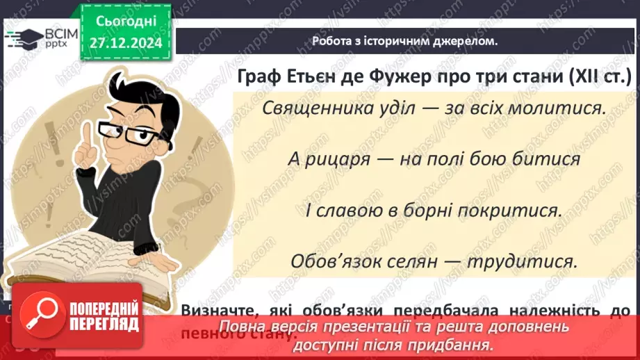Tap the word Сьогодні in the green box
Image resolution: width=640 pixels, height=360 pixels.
pyautogui.click(x=126, y=20)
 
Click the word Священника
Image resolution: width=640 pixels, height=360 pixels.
pyautogui.click(x=315, y=109)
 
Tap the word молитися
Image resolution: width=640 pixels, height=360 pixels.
pyautogui.click(x=561, y=109)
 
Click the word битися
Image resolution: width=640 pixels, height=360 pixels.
pyautogui.click(x=552, y=159)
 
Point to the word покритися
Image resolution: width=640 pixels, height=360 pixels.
pyautogui.click(x=510, y=210)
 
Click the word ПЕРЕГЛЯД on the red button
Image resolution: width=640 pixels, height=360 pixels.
pyautogui.click(x=105, y=325)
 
